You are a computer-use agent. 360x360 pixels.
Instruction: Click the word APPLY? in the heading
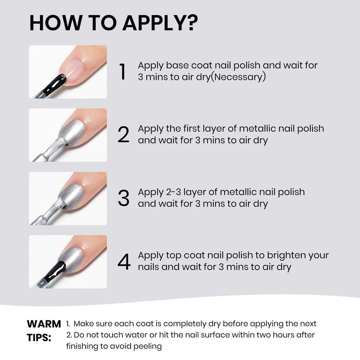tap(160, 23)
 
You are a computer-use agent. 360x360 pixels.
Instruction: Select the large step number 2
tap(123, 135)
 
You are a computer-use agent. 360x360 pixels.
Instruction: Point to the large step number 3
tap(123, 198)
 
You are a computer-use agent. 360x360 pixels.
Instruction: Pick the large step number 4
tap(124, 261)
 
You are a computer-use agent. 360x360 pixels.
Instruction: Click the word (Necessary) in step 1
tap(238, 77)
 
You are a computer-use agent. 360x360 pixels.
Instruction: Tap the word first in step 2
tap(195, 129)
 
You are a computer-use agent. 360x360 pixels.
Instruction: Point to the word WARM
tap(44, 324)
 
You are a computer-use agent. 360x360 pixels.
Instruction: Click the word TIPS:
tap(39, 338)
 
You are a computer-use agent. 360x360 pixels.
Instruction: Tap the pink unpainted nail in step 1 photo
tap(72, 71)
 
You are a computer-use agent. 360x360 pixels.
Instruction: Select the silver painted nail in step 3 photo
tap(71, 196)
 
